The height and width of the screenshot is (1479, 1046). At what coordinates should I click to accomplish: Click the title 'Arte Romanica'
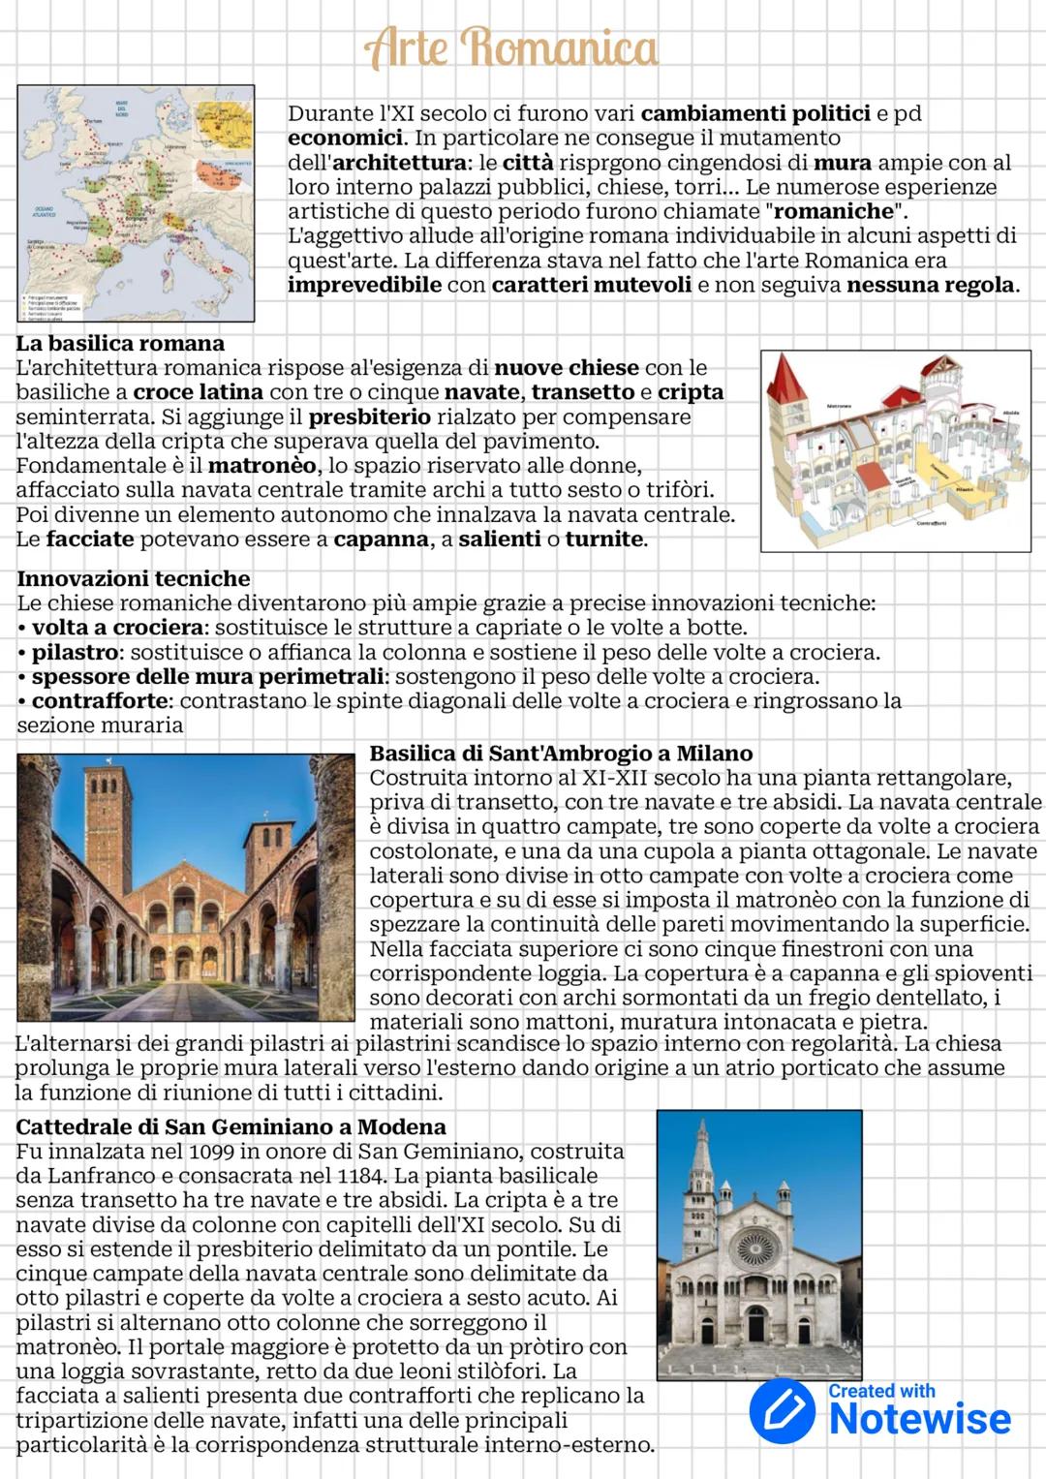510,47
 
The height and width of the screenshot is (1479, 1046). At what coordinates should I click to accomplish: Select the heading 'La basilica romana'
120,344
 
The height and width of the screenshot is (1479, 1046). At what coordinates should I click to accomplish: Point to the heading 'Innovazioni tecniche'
134,579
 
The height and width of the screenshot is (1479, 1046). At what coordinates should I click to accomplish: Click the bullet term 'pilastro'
76,653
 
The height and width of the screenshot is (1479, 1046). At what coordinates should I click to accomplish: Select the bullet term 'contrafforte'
100,700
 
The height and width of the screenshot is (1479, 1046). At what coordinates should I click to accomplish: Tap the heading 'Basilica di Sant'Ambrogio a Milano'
561,754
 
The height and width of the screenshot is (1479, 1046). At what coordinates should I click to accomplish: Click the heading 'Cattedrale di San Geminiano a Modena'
231,1127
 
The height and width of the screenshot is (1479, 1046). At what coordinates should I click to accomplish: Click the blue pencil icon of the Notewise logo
783,1411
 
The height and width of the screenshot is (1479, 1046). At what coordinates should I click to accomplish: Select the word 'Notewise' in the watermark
919,1420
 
